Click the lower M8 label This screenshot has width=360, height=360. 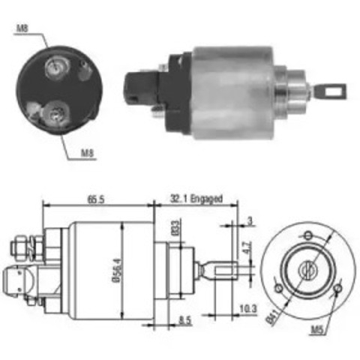[88, 155]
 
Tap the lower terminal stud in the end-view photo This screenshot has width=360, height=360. [55, 114]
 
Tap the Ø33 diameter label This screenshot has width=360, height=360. [175, 227]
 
